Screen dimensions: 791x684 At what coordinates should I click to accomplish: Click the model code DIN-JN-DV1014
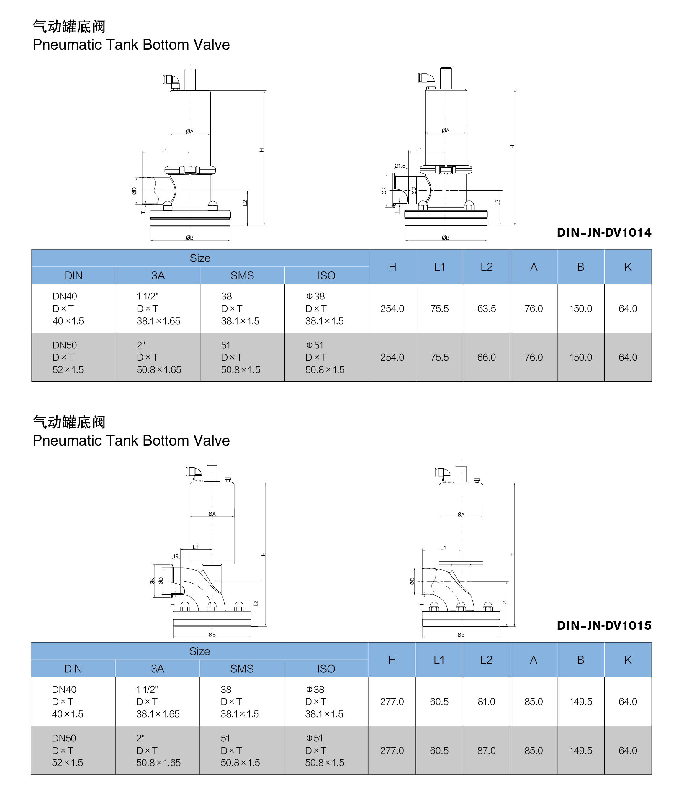coord(604,232)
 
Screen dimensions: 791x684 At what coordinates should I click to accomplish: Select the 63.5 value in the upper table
coord(486,308)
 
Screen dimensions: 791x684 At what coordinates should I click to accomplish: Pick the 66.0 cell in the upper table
coord(486,357)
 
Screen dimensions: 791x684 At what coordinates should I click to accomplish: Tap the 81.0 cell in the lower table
coord(486,701)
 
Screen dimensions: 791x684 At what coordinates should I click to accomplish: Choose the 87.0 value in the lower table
coord(486,750)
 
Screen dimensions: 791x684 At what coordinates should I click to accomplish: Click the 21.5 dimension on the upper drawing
coord(400,166)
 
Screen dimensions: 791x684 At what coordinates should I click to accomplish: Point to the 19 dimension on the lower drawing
coord(176,556)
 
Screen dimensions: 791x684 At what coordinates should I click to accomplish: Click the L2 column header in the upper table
coord(486,267)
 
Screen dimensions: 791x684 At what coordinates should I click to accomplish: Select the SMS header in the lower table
coord(242,669)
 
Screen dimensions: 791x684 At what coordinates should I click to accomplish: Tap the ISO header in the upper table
coord(326,275)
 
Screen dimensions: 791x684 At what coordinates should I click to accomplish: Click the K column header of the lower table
coord(627,660)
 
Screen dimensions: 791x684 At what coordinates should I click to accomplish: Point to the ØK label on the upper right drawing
coord(384,191)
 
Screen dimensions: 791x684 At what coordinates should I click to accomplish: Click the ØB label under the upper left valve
coord(190,238)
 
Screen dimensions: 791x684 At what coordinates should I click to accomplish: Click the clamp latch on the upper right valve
coord(446,169)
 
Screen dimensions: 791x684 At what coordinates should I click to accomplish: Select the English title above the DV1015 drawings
coord(131,440)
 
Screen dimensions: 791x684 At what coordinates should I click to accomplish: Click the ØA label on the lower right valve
coord(461,515)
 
